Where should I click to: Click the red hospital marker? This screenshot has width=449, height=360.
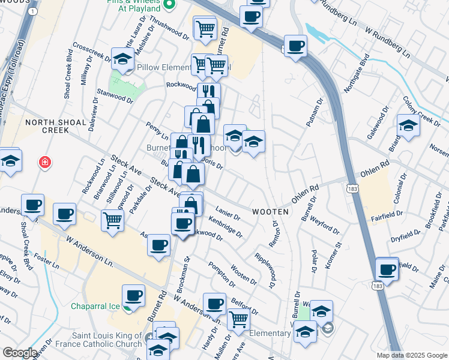click(44, 163)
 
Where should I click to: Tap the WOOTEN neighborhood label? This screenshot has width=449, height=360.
click(271, 212)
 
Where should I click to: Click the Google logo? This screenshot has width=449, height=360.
click(20, 353)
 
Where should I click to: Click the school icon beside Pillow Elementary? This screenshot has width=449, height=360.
click(122, 59)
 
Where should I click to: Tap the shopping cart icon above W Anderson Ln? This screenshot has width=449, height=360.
click(112, 220)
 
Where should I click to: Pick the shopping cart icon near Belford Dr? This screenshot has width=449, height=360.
click(239, 320)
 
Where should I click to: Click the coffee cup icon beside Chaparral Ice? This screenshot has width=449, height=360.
click(133, 295)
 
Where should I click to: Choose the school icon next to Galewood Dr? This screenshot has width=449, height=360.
click(408, 125)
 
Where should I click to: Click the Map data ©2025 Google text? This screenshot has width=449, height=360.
click(411, 355)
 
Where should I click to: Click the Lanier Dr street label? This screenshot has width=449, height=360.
click(228, 213)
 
